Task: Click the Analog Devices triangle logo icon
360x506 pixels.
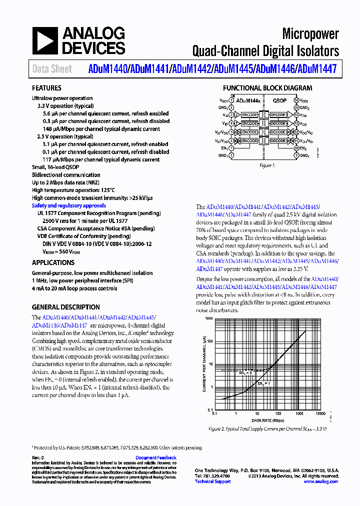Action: tap(45, 40)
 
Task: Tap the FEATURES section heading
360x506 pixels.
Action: tap(46, 88)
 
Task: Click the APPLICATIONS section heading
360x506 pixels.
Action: tap(53, 262)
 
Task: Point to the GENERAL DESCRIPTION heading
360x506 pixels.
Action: tap(65, 307)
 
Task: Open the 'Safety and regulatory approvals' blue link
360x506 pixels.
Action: tap(68, 205)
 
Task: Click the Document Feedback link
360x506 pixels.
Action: tap(155, 457)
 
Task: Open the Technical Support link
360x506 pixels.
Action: tap(212, 481)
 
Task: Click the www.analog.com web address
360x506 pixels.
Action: tap(320, 481)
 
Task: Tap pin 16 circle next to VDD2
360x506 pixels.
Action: tap(296, 100)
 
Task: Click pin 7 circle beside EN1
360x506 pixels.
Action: tap(231, 148)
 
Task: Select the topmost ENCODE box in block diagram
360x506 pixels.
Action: tap(249, 115)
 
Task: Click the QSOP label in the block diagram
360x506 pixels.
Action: tap(279, 100)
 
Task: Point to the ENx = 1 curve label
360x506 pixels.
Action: tap(263, 383)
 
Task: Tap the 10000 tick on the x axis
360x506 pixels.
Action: tap(320, 414)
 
